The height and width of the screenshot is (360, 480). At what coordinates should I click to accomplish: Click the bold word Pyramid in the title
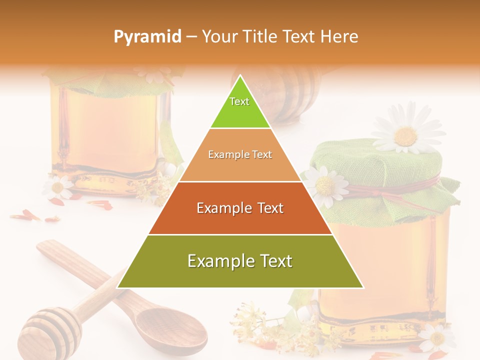coord(147,36)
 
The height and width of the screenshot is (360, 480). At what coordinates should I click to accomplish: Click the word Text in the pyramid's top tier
coord(239,101)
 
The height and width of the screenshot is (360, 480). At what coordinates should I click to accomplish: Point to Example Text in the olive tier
coord(240,261)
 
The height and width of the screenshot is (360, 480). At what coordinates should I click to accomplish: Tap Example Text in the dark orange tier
coord(240,208)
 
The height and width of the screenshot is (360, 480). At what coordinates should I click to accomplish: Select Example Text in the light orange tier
coord(240,154)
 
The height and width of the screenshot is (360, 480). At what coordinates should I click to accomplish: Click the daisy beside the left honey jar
coord(58,187)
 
